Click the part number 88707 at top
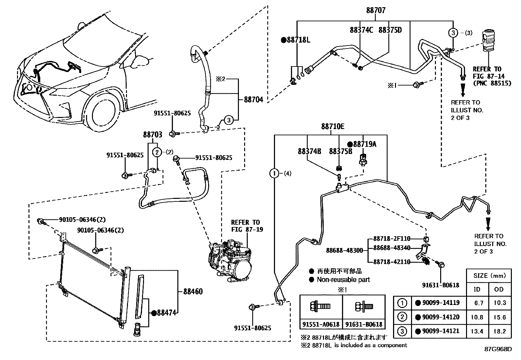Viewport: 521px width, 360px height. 376,10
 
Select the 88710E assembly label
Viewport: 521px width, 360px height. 332,127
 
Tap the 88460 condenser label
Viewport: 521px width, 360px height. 193,291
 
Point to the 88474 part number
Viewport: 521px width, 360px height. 166,313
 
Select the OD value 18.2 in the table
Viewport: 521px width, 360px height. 499,331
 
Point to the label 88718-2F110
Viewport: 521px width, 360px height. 392,239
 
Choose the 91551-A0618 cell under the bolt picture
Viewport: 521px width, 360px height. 321,324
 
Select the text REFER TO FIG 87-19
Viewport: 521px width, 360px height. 247,226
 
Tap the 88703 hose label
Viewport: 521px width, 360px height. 153,134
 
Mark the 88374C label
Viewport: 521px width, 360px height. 361,30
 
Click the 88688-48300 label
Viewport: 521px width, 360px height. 344,251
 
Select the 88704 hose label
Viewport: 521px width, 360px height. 253,100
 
